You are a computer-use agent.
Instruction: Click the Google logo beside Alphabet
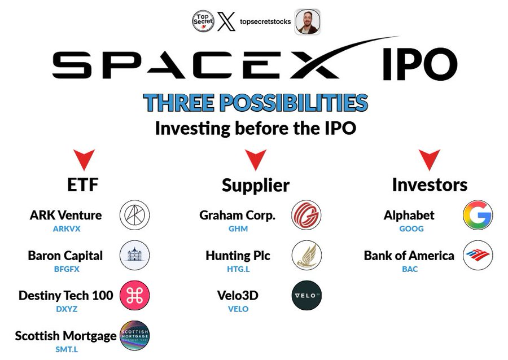click(x=478, y=216)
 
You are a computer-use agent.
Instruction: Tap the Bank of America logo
click(x=478, y=256)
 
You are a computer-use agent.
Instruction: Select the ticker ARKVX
click(x=65, y=229)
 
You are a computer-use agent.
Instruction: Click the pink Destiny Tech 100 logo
click(x=135, y=296)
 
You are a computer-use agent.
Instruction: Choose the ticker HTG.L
click(x=238, y=269)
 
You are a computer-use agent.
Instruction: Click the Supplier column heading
click(x=255, y=185)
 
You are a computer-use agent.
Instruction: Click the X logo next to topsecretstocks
click(x=226, y=21)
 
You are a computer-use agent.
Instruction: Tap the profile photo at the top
click(x=308, y=21)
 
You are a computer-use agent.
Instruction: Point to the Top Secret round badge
click(x=203, y=21)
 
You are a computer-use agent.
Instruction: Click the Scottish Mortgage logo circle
click(x=135, y=336)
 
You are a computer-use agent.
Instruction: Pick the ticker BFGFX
click(x=65, y=269)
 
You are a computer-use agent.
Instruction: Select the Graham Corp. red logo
click(x=306, y=216)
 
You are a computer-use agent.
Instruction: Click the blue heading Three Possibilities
click(x=255, y=103)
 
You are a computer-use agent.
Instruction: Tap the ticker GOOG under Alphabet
click(x=411, y=229)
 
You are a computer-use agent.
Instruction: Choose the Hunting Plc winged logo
click(x=306, y=256)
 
